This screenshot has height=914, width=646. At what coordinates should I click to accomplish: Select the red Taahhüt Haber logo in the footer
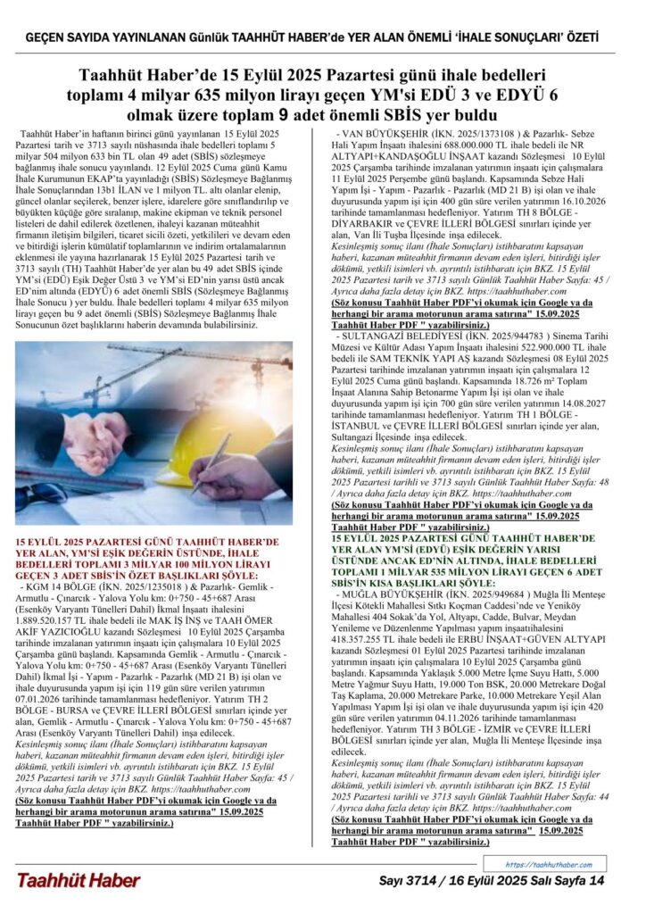click(78, 881)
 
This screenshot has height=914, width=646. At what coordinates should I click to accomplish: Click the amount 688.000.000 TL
click(478, 143)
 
